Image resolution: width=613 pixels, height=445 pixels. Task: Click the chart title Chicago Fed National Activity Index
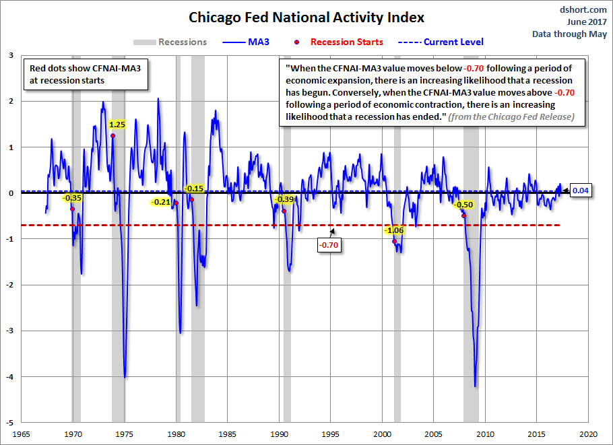click(x=306, y=16)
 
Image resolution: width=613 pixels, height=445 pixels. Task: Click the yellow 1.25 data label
click(x=117, y=125)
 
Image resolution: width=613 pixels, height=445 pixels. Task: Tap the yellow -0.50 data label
click(x=463, y=205)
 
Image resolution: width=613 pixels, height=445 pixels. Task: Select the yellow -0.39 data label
click(x=285, y=199)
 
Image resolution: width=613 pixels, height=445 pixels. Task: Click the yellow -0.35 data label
click(x=71, y=198)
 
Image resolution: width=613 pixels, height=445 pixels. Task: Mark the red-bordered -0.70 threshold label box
click(x=329, y=244)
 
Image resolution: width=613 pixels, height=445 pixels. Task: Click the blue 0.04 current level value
click(x=581, y=191)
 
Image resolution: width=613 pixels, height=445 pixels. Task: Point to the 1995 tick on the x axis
click(x=331, y=434)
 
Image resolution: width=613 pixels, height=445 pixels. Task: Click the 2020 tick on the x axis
click(x=588, y=434)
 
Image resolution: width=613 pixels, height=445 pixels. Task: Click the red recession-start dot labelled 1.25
click(x=113, y=135)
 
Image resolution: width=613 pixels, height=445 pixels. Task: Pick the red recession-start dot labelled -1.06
click(x=395, y=242)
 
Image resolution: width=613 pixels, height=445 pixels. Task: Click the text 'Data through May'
click(x=569, y=34)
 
